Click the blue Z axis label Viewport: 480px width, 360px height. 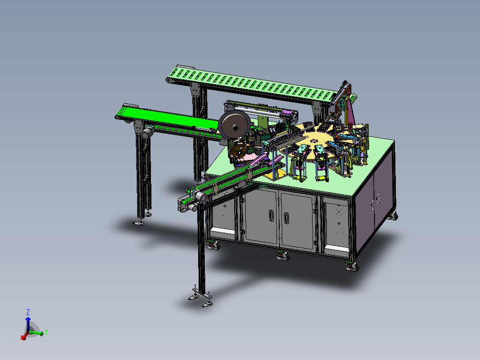click(x=28, y=312)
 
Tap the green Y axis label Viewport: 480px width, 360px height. click(x=46, y=332)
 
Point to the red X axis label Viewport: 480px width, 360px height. click(x=22, y=338)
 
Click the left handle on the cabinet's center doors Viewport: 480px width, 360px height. click(x=271, y=215)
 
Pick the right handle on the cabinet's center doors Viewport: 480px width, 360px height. click(x=286, y=218)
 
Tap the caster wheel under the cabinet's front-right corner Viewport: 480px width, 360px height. click(x=352, y=266)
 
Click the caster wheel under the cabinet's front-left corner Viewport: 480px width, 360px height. click(x=214, y=245)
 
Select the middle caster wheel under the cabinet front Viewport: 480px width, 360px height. click(x=283, y=256)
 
